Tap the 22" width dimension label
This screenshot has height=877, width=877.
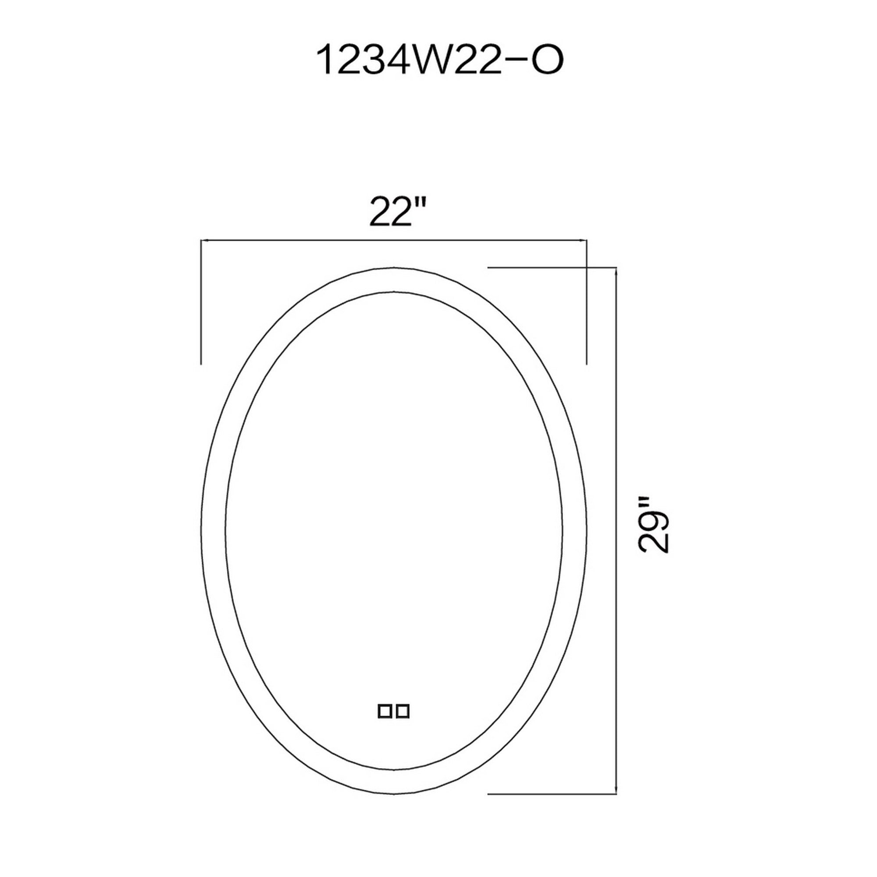pos(398,211)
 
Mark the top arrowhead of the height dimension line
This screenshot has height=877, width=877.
pos(616,272)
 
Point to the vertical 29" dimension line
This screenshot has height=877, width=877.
pos(616,590)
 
